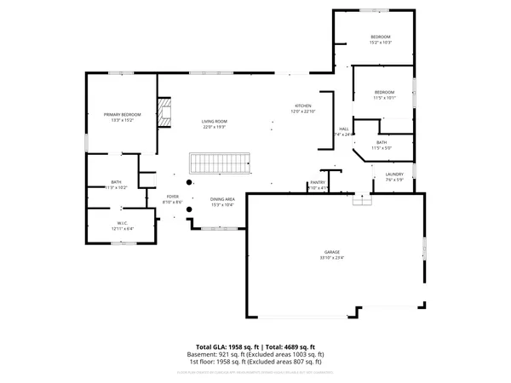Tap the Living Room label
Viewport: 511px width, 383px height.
pos(214,122)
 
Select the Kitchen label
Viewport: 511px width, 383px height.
pos(303,106)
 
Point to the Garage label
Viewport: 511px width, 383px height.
pos(331,253)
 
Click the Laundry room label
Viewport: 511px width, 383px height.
pos(393,174)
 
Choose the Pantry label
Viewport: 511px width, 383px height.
pos(318,182)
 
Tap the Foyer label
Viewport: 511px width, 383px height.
pos(172,197)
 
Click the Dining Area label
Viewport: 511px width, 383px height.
pos(222,199)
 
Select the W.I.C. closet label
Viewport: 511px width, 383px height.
pos(123,224)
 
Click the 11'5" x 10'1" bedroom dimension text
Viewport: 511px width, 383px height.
pos(385,97)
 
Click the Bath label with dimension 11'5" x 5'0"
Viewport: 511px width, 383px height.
pos(381,143)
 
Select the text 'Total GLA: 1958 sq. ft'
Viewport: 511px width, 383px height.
pos(228,347)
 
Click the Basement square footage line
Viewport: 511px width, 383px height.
pos(255,354)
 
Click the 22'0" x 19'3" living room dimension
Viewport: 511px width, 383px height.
pos(214,127)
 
